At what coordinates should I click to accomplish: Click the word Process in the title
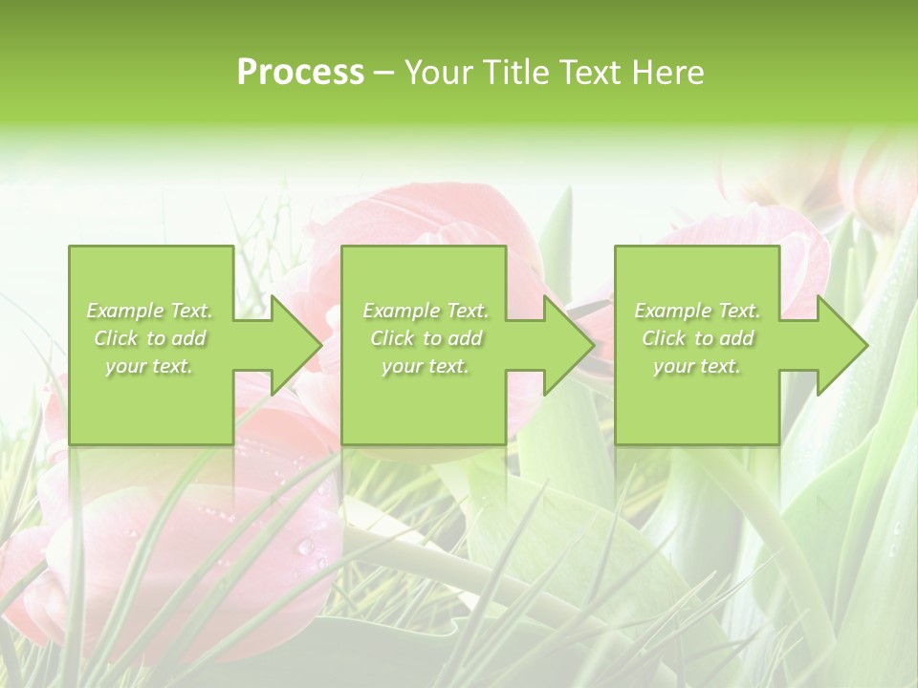click(x=300, y=73)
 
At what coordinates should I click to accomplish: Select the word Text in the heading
click(x=589, y=73)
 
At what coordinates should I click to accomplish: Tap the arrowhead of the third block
click(x=851, y=344)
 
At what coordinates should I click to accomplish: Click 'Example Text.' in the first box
click(x=150, y=311)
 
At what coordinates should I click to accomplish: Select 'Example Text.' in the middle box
click(x=426, y=311)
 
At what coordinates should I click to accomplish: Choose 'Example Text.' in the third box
click(x=697, y=311)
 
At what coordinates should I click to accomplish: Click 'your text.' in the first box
click(x=149, y=366)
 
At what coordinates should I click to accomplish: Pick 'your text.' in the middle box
click(x=426, y=366)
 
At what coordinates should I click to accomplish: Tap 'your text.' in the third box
click(x=697, y=366)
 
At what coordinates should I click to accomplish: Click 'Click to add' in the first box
click(x=150, y=338)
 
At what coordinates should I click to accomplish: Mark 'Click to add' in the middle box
click(x=426, y=338)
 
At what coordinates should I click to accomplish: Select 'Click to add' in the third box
click(x=697, y=338)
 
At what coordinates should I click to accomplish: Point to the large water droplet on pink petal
click(x=306, y=547)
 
